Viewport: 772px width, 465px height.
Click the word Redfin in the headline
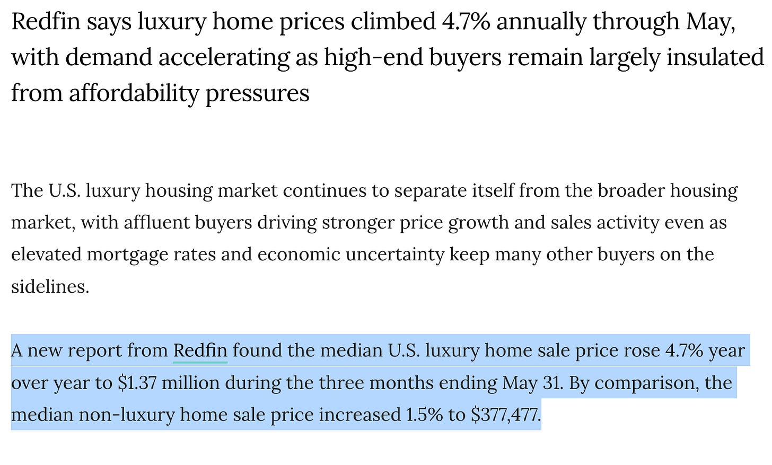(46, 21)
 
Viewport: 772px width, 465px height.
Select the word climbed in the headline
(393, 21)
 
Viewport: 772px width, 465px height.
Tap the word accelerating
(224, 58)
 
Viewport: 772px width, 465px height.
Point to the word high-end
(373, 57)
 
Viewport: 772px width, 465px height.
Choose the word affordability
(134, 93)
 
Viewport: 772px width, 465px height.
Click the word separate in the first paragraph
(431, 191)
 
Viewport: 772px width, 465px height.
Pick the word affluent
(157, 222)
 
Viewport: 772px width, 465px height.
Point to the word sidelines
(50, 286)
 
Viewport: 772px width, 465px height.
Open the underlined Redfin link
(200, 350)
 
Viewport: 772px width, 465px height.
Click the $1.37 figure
(137, 383)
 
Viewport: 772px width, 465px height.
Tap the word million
(190, 383)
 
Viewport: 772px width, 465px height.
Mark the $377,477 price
(506, 415)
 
